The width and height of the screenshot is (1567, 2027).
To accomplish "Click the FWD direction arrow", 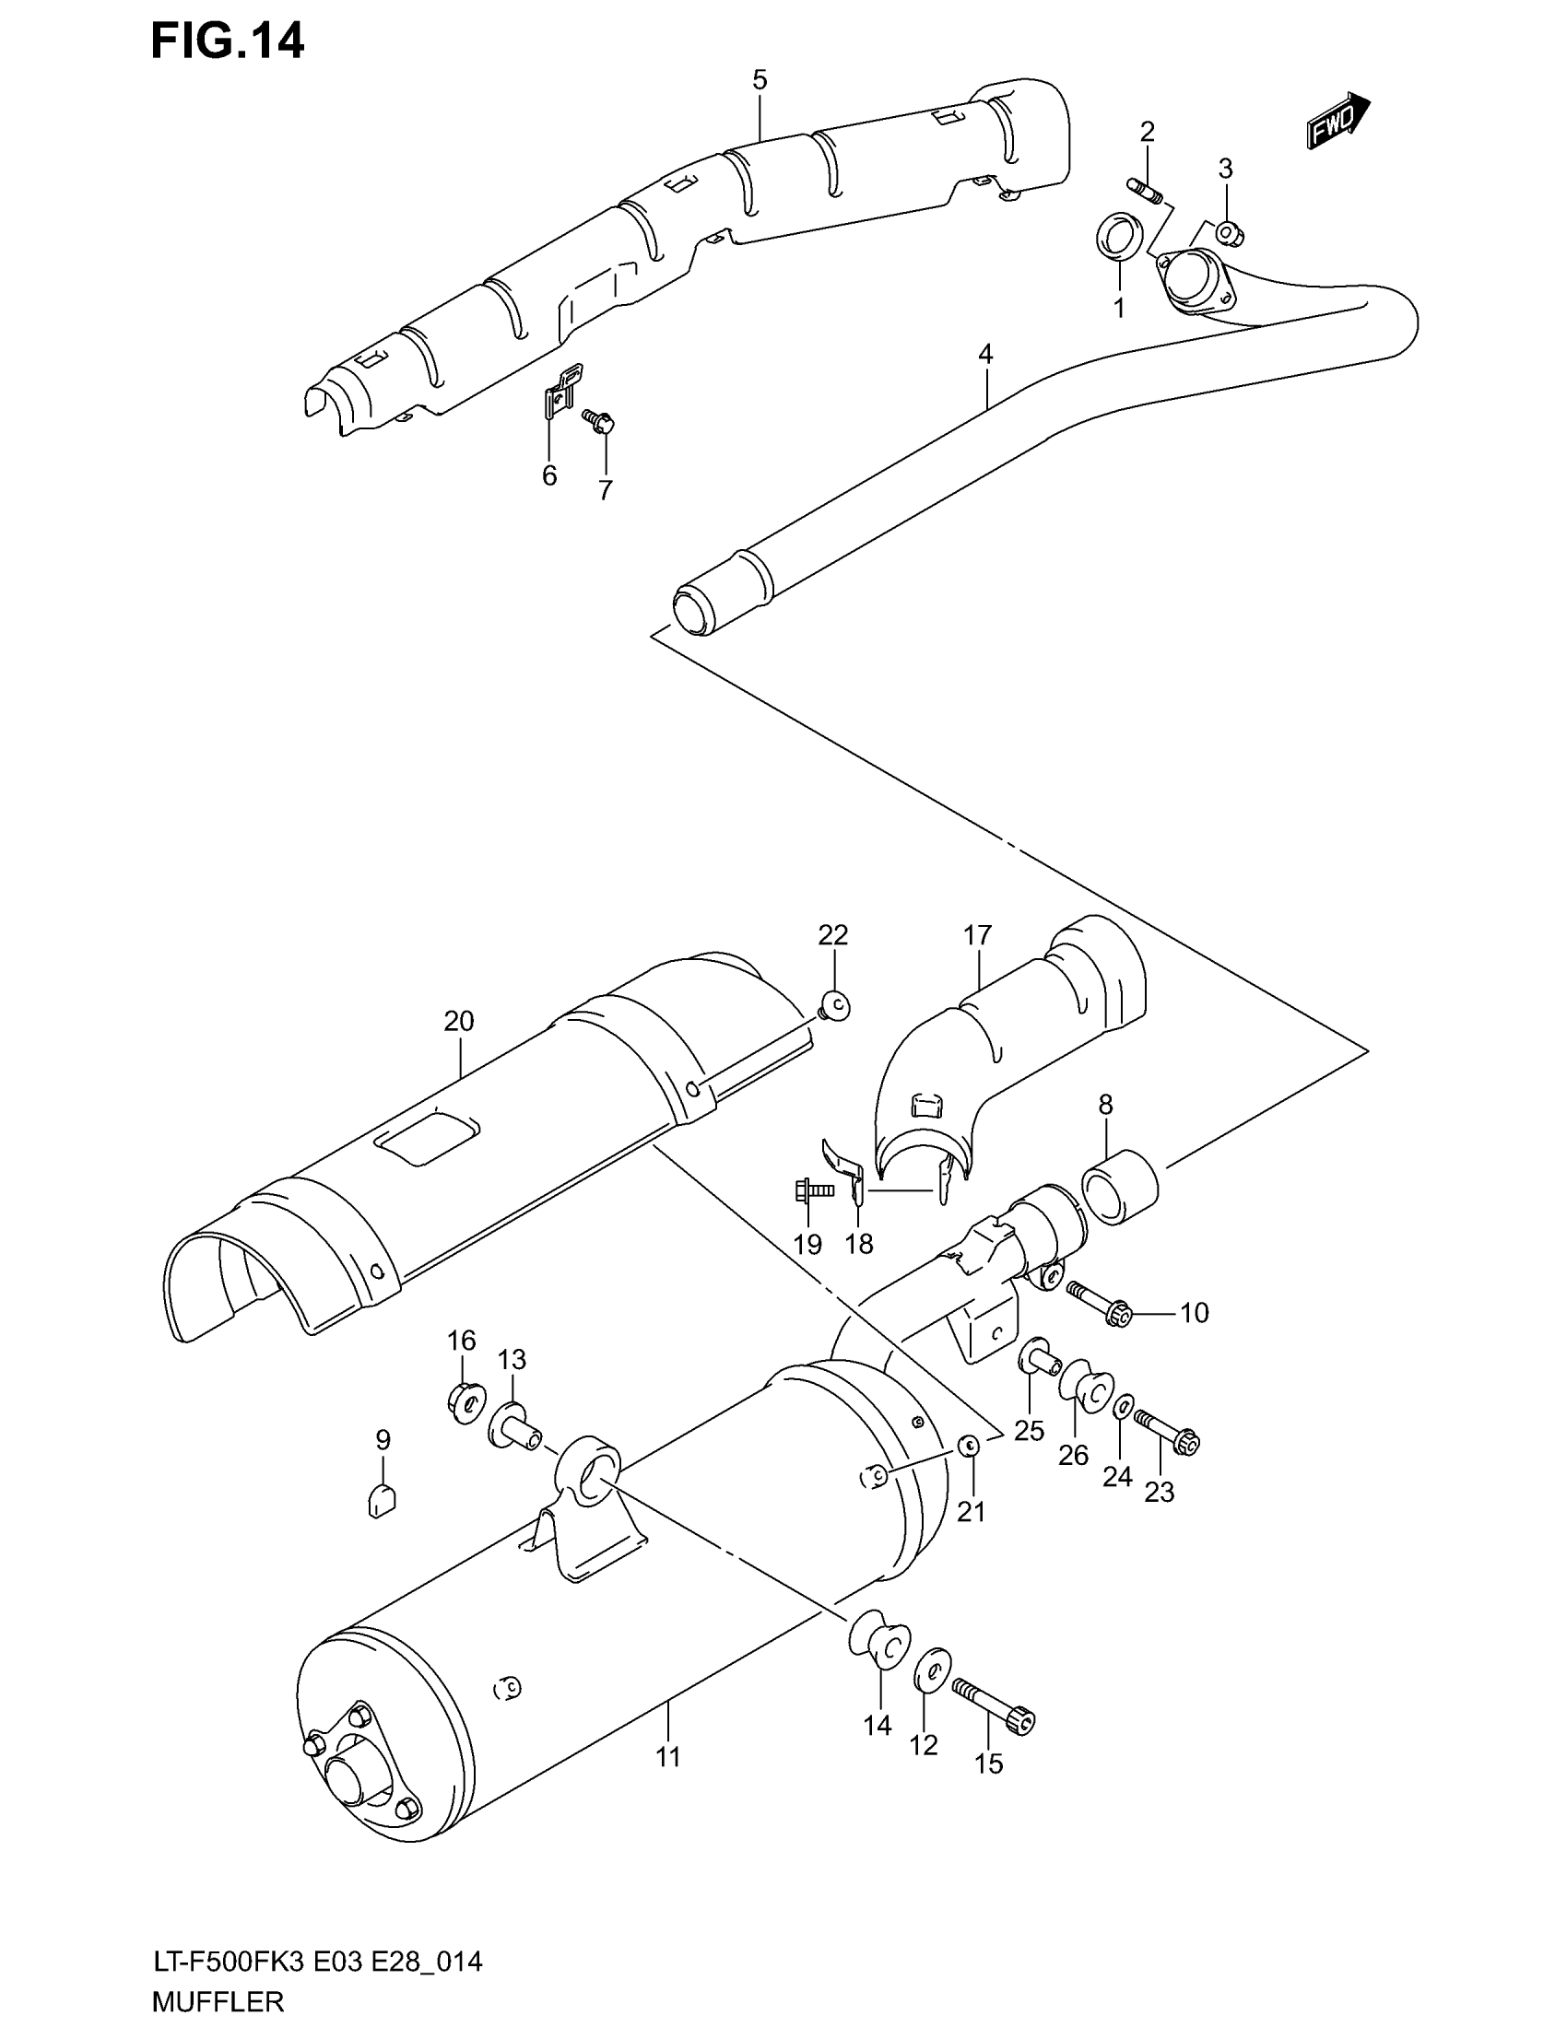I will point(1337,121).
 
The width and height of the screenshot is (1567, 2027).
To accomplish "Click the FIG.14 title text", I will point(227,41).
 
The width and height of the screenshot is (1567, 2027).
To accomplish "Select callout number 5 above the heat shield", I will point(760,80).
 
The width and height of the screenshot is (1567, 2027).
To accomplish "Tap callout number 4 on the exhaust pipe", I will point(985,354).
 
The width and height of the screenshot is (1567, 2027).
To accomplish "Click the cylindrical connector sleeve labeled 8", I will point(1120,1187).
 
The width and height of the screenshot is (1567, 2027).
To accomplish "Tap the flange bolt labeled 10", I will point(1101,1302).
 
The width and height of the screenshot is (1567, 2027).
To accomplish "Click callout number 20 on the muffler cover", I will point(459,1021).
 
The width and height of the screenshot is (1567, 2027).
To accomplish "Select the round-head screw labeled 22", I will point(835,1003).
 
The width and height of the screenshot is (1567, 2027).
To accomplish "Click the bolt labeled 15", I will point(993,1704).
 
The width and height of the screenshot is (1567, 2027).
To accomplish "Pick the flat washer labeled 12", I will point(931,1673).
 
